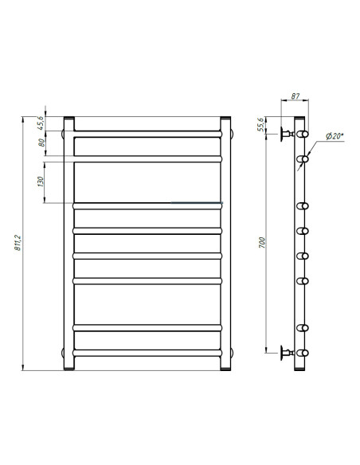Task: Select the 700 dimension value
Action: tap(264, 241)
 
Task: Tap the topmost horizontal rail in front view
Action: tap(147, 132)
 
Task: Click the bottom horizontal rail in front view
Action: tap(147, 351)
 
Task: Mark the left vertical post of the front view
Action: tap(68, 243)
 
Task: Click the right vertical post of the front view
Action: tap(226, 243)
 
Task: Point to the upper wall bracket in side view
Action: tap(286, 133)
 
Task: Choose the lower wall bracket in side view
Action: tap(286, 351)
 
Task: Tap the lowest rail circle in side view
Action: tap(303, 351)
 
